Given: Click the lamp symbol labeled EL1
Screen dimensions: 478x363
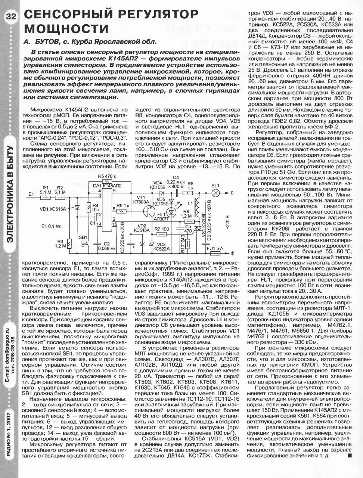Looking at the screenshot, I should point(215,193).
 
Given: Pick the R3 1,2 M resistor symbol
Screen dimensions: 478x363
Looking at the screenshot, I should point(69,244).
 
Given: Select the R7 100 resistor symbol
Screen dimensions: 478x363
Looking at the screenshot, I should point(162,235).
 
